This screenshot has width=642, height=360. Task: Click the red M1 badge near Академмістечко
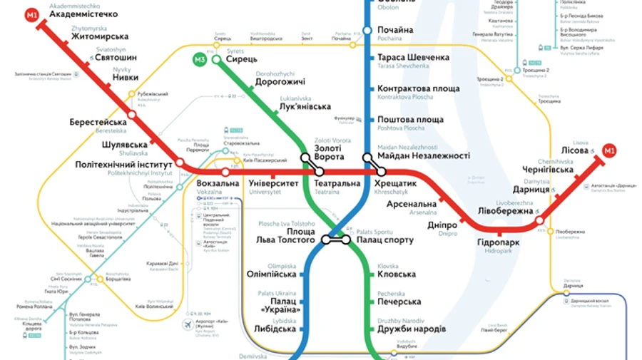pos(32,15)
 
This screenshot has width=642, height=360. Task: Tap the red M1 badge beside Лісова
pos(609,150)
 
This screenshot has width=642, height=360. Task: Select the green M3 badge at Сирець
pos(200,59)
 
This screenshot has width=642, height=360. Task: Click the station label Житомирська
pos(100,36)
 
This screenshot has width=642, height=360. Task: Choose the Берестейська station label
pos(98,123)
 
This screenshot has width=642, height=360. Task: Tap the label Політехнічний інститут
pos(124,165)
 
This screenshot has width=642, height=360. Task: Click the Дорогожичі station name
pos(280,83)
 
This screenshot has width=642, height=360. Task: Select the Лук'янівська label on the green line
pos(305,107)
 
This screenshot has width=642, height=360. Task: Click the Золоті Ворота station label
pos(329,151)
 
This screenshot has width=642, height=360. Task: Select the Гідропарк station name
pos(499,243)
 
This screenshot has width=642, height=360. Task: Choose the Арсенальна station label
pos(412,204)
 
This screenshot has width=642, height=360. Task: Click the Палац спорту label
pos(384,240)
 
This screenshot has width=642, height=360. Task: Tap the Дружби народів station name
pos(412,329)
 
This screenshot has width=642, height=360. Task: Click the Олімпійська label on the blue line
pos(271,274)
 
